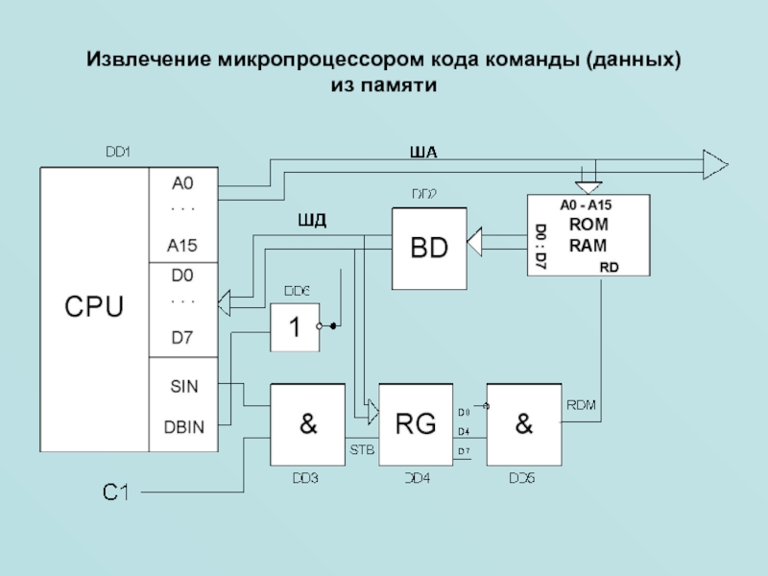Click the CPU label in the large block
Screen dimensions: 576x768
coord(93,307)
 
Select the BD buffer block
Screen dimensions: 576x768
coord(429,248)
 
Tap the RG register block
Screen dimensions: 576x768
coord(415,423)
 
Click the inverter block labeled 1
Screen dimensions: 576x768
coord(295,327)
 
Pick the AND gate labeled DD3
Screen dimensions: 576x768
coord(308,424)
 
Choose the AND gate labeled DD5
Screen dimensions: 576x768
coord(524,424)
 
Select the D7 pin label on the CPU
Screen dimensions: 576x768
coord(182,337)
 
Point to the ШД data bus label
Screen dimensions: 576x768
coord(313,222)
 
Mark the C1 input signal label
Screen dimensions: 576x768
coord(116,492)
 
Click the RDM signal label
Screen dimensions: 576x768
coord(582,405)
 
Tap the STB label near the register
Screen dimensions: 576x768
coord(362,448)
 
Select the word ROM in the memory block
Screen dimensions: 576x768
coord(588,224)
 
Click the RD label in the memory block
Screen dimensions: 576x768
coord(609,266)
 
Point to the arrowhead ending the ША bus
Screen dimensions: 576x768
coord(714,164)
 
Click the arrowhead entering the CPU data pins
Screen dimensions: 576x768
coord(227,304)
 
